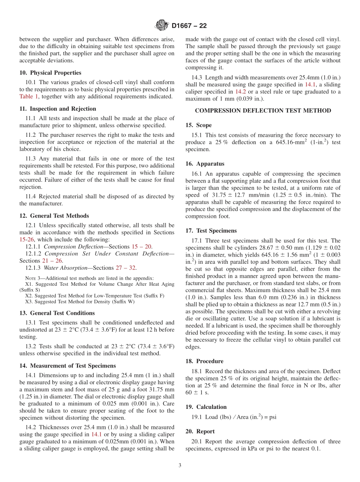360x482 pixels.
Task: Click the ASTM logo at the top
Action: [161, 26]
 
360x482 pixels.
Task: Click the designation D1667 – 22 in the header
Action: [189, 26]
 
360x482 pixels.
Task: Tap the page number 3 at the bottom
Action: [180, 466]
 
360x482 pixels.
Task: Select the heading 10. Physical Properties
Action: [50, 73]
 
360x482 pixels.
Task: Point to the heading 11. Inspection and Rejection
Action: [58, 109]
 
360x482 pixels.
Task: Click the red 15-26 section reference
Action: [27, 239]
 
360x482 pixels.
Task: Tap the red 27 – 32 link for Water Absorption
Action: [126, 268]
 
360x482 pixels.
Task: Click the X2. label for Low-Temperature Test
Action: [29, 296]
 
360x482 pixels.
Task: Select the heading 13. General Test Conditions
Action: [57, 313]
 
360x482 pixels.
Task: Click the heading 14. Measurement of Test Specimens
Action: [67, 366]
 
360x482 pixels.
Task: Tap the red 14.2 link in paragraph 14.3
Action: [240, 92]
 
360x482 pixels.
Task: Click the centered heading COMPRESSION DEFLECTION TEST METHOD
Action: [263, 111]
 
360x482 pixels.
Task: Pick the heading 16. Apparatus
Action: [205, 164]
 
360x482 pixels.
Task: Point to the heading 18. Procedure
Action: [204, 361]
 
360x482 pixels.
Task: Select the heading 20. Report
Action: [200, 431]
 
